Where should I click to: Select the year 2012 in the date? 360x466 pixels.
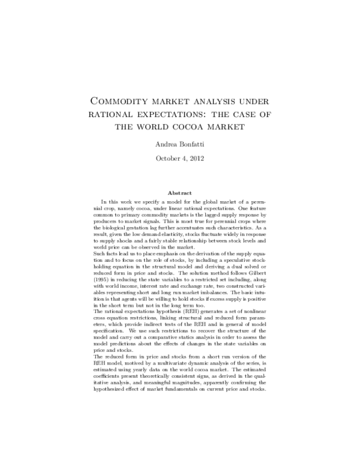[202, 159]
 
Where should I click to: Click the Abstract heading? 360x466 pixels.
[179, 193]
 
